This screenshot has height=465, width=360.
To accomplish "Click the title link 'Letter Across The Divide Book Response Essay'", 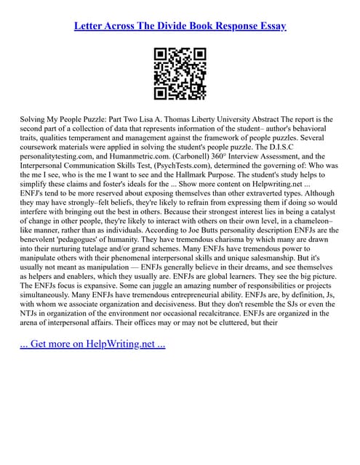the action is (180, 26).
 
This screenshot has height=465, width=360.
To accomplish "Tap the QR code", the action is (180, 73).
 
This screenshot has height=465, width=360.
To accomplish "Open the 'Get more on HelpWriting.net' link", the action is (92, 343).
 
